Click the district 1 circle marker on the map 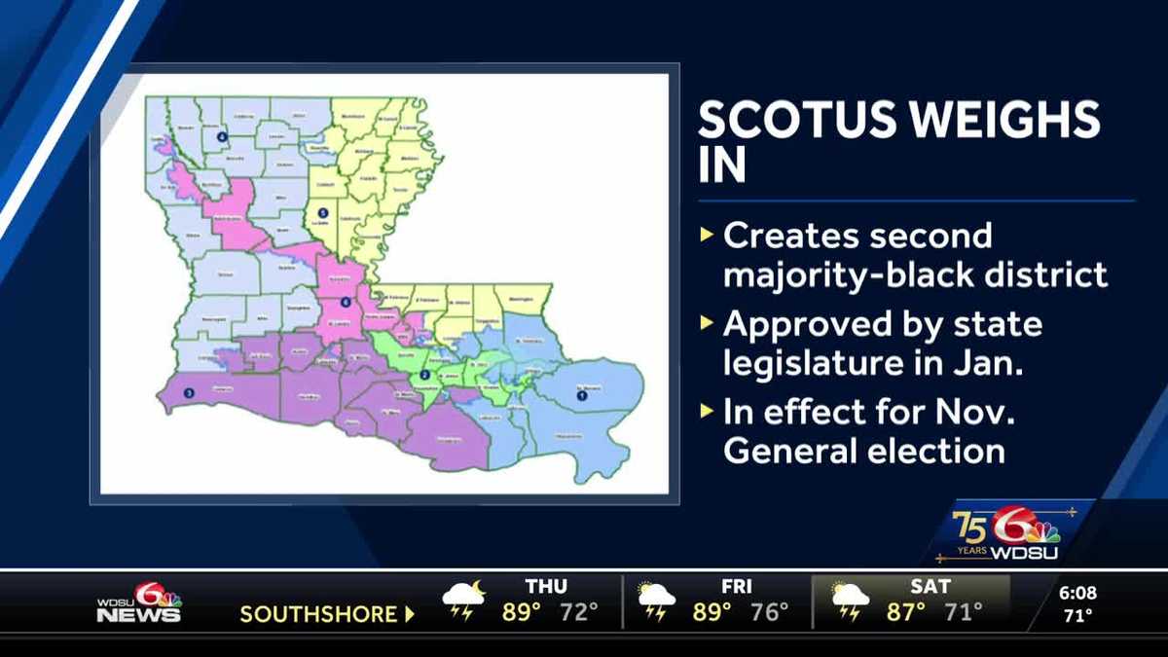582,396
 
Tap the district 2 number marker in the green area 424,376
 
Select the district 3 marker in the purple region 189,392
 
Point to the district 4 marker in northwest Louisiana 221,137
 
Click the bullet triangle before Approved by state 707,324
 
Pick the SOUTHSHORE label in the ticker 318,615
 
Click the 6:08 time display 1077,592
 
